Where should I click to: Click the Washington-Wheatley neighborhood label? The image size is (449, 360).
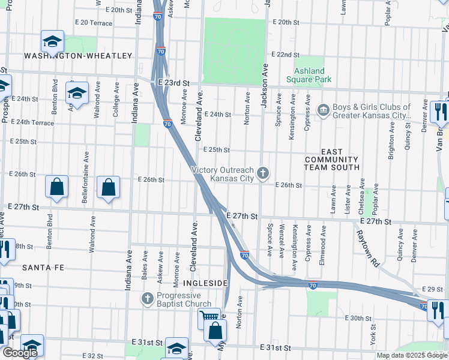(x=78, y=56)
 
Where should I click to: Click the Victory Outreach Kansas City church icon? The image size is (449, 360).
(x=262, y=174)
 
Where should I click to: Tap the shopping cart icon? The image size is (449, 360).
(x=209, y=316)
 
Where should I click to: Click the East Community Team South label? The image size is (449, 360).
(x=331, y=160)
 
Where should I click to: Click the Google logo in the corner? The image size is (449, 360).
(x=19, y=353)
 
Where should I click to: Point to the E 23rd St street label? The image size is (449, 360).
(x=173, y=83)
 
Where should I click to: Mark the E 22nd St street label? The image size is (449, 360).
(x=285, y=54)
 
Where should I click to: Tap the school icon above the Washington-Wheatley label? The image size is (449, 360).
(x=52, y=41)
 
